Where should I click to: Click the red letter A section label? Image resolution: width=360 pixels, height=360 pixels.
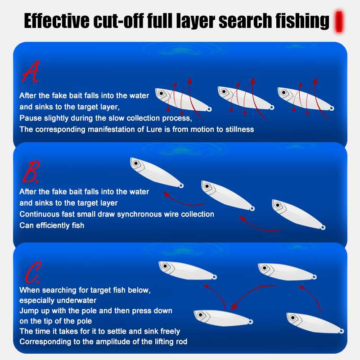point(31,72)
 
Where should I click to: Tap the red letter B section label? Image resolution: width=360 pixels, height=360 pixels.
point(31,172)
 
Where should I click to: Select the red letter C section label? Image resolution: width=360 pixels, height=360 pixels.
point(33,272)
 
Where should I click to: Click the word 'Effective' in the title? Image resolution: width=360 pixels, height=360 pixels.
point(57,21)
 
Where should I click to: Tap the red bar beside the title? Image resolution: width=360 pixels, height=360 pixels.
point(339,21)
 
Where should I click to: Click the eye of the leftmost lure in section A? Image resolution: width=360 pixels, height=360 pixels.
point(161,94)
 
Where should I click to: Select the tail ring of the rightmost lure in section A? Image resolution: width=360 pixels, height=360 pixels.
point(332,108)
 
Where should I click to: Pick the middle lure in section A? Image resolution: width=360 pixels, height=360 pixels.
point(246,98)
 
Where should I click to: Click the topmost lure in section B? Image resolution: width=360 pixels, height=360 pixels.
point(157,172)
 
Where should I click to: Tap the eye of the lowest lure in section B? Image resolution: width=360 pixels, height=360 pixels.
point(278,205)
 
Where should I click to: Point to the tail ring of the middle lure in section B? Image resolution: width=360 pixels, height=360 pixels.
point(252,208)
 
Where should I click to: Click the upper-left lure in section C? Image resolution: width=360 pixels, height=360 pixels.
point(188,270)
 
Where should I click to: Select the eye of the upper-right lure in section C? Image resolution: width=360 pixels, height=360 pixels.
point(265,268)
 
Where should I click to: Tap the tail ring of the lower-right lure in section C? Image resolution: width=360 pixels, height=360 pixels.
point(342,331)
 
